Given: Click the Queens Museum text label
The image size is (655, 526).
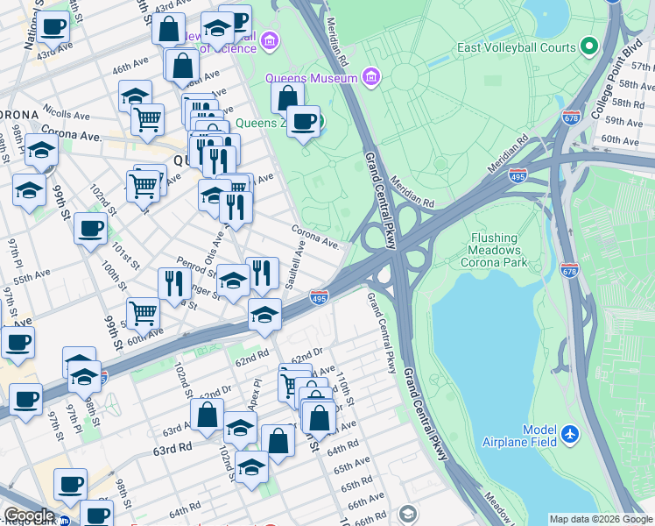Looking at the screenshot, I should coord(313,78).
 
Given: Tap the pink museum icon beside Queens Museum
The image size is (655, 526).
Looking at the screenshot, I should coord(371,78).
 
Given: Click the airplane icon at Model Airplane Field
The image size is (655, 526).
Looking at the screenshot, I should coord(570,433).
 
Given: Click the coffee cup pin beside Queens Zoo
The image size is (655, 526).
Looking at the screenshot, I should coord(304,121).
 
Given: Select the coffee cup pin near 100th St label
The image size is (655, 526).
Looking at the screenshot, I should coord(90,230).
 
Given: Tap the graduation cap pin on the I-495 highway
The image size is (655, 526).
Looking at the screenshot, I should coord(264,315).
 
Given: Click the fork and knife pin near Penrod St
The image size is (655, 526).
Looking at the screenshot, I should coord(174,282).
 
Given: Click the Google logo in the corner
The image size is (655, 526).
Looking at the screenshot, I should coord(28,516).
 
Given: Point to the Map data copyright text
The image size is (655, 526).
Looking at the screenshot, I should coord(601,519).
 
